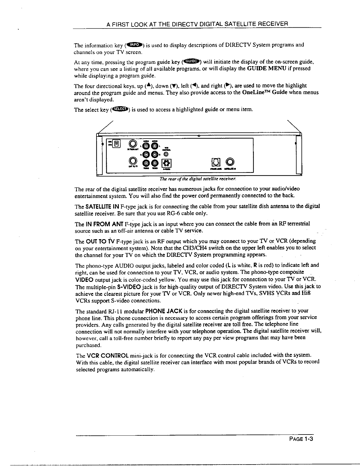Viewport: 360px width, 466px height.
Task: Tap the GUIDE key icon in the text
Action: [x=191, y=61]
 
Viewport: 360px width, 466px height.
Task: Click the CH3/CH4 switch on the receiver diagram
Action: [x=117, y=144]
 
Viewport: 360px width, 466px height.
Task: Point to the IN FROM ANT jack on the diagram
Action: [x=133, y=144]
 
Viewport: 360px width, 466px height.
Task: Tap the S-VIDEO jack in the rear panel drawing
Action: [x=166, y=163]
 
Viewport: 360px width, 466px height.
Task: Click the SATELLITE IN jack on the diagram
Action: [x=231, y=162]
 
